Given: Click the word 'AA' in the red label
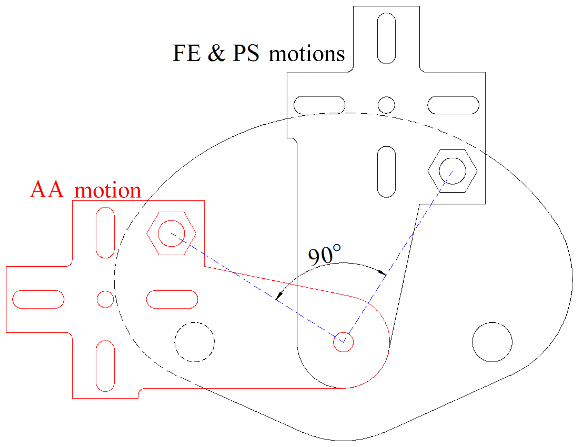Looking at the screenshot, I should click(x=47, y=190).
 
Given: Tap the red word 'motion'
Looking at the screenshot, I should click(x=108, y=190).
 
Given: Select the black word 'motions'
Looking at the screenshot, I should click(x=306, y=54).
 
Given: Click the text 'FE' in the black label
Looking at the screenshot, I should click(x=187, y=53).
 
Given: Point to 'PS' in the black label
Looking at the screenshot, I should click(x=246, y=53).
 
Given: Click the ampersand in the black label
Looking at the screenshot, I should click(x=217, y=53).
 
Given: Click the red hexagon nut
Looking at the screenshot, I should click(x=171, y=233).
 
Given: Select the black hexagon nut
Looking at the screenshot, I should click(x=452, y=171).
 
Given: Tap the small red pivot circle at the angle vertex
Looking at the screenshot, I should click(x=343, y=342).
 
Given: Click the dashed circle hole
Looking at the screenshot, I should click(x=194, y=342).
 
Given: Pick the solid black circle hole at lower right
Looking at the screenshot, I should click(x=492, y=342).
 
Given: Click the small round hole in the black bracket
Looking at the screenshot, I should click(x=386, y=105).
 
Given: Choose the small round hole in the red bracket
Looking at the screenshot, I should click(x=105, y=299).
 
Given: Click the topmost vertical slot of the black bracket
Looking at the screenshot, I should click(x=386, y=38).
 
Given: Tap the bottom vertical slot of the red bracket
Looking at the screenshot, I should click(x=105, y=366).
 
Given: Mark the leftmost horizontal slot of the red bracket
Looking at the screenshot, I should click(x=38, y=299).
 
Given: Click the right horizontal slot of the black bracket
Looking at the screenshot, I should click(x=453, y=105).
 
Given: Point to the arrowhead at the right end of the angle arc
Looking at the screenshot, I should click(x=382, y=272).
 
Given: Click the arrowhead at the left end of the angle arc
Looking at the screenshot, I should click(x=278, y=296).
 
